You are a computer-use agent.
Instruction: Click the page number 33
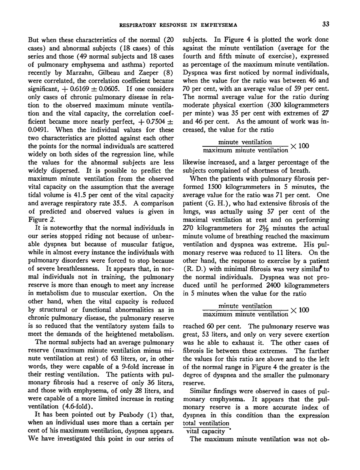pos(326,25)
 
